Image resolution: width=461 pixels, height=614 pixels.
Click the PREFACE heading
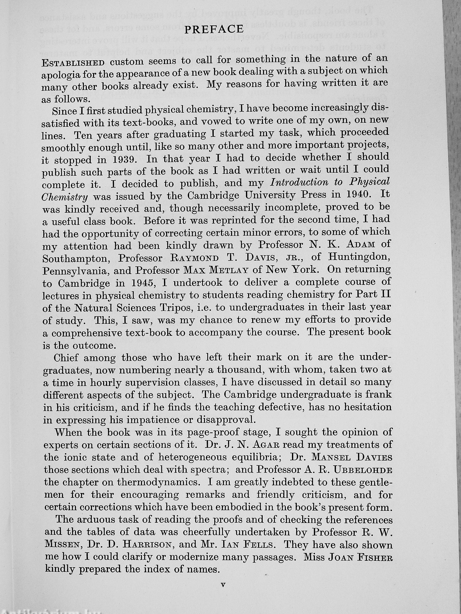point(214,29)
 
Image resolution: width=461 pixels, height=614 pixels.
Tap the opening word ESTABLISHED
point(73,62)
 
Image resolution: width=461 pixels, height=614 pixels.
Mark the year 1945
point(140,283)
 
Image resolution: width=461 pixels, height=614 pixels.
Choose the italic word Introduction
point(299,182)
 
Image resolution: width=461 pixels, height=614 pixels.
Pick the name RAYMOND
point(194,258)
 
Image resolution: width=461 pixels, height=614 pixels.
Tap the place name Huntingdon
point(359,256)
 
